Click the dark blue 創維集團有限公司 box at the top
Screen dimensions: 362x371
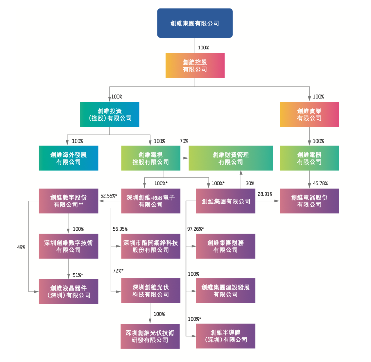click(x=195, y=23)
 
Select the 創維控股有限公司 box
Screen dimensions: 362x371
click(x=195, y=65)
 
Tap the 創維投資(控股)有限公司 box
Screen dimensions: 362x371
click(x=110, y=114)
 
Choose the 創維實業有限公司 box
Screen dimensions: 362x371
click(x=309, y=114)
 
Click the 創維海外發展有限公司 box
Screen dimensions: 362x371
click(x=68, y=158)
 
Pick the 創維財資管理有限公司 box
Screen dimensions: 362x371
click(x=231, y=158)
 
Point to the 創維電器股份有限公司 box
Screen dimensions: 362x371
click(x=309, y=201)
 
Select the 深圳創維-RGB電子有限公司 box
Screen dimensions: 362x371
click(x=150, y=201)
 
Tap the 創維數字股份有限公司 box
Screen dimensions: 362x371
click(x=68, y=201)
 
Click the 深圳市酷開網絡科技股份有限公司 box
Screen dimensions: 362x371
click(x=150, y=246)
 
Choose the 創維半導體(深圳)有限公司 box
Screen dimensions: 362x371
click(x=225, y=336)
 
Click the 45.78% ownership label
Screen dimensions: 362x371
click(x=321, y=183)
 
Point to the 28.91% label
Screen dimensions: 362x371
click(x=265, y=194)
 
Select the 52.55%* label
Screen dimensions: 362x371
click(x=109, y=196)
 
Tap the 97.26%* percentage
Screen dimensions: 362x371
click(x=195, y=229)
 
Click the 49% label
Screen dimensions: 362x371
click(x=21, y=247)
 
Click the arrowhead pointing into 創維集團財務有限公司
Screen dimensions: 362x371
click(x=194, y=246)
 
